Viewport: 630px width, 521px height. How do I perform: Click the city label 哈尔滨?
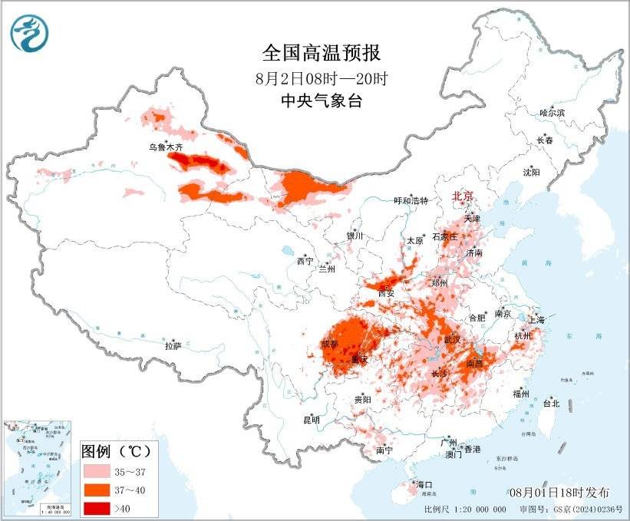pyautogui.click(x=551, y=113)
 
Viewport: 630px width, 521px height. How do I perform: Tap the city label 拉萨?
pyautogui.click(x=173, y=346)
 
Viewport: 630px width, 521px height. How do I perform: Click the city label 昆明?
pyautogui.click(x=311, y=420)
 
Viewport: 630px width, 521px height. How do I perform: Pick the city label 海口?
pyautogui.click(x=424, y=485)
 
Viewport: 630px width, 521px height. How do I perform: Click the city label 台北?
pyautogui.click(x=551, y=403)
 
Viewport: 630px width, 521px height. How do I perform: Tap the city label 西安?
pyautogui.click(x=386, y=292)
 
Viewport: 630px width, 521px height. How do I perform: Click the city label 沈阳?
pyautogui.click(x=531, y=172)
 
